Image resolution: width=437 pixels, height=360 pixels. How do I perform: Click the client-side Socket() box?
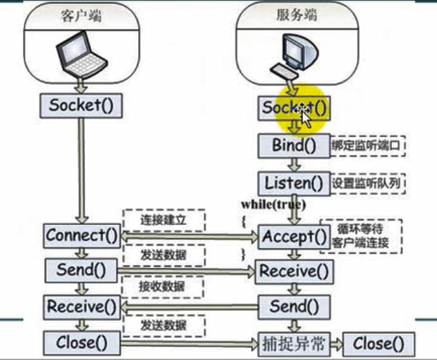click(x=81, y=106)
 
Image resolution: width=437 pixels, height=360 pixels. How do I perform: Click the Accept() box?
click(x=293, y=237)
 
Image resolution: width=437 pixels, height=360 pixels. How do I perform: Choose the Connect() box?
click(x=81, y=235)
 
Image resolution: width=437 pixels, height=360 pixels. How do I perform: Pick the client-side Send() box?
click(x=81, y=270)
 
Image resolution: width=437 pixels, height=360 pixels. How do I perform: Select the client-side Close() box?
click(x=81, y=341)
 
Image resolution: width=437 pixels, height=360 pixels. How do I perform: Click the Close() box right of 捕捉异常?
click(x=378, y=343)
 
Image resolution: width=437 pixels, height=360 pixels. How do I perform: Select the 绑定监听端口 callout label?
click(x=367, y=146)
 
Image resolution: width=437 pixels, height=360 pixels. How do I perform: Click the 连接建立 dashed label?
click(x=163, y=221)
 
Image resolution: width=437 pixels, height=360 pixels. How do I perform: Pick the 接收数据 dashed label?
click(x=163, y=286)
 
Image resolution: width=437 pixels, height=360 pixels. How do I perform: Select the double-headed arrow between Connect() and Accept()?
click(x=189, y=236)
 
